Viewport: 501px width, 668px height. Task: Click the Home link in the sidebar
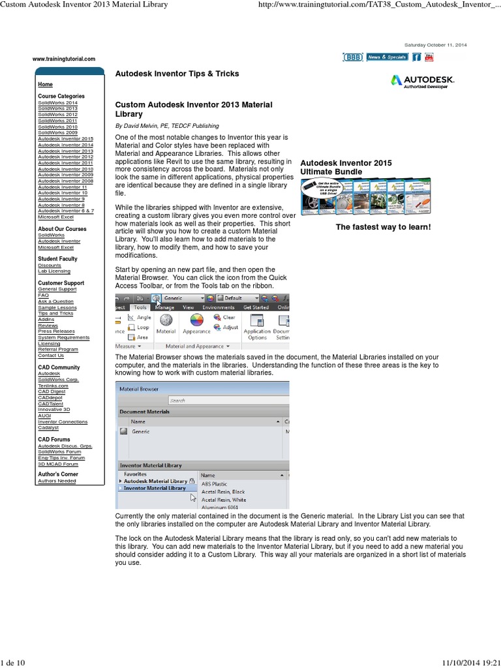[45, 85]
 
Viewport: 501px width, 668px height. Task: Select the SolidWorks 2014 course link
[57, 102]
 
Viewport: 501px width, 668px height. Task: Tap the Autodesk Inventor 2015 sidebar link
[65, 139]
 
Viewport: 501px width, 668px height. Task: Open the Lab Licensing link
[54, 271]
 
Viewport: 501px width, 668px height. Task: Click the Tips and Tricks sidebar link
[55, 314]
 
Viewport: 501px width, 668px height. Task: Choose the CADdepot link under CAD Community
[51, 398]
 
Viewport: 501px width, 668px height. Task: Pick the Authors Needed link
[57, 481]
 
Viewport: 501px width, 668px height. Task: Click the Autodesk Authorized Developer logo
[422, 81]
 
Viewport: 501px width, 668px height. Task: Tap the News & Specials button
[387, 57]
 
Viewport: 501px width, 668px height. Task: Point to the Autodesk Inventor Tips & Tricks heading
[177, 74]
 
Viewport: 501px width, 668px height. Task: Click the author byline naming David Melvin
[167, 126]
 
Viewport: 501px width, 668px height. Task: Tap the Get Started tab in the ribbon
[256, 307]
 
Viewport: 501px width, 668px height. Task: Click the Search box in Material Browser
[228, 401]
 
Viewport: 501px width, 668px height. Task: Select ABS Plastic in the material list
[215, 484]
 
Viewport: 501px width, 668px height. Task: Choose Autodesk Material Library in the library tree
[155, 481]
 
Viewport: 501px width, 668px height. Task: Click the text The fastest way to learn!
[383, 227]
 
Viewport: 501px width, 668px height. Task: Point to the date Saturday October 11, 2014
[435, 44]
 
